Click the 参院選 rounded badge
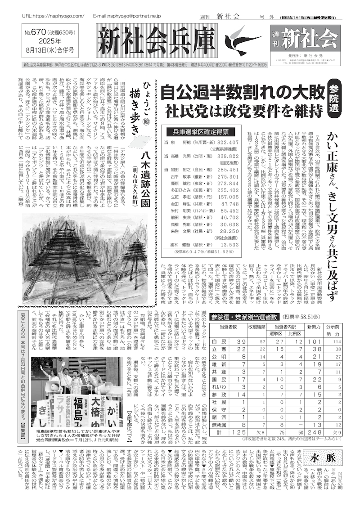pyautogui.click(x=338, y=96)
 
